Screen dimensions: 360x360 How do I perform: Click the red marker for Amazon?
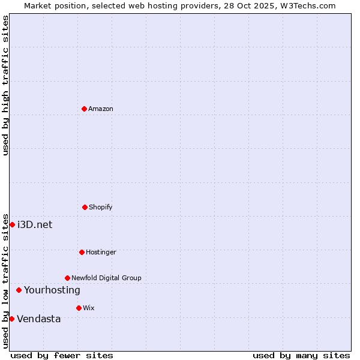point(84,109)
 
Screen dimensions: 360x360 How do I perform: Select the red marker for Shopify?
point(85,207)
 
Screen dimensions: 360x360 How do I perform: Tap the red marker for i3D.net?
point(12,224)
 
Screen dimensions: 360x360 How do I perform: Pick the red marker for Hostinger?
point(82,252)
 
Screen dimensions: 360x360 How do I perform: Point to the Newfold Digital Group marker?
point(67,278)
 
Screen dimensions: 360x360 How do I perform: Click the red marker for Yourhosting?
point(19,290)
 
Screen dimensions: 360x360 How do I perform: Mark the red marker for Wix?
point(79,308)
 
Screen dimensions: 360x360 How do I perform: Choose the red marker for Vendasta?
point(11,319)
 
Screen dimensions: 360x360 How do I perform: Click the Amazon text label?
point(101,109)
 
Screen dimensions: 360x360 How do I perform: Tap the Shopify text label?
point(101,207)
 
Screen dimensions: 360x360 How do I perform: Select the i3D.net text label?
point(35,224)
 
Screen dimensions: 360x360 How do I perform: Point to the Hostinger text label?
point(101,252)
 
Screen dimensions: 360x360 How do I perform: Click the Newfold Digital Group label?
point(106,278)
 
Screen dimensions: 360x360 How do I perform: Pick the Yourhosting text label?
point(52,290)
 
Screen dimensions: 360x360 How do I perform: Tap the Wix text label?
point(89,308)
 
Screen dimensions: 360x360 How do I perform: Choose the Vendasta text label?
point(38,319)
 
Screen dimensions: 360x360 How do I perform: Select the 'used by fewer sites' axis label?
point(62,355)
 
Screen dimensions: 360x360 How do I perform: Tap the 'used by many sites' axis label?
point(301,355)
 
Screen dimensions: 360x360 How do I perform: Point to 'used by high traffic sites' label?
point(5,85)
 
